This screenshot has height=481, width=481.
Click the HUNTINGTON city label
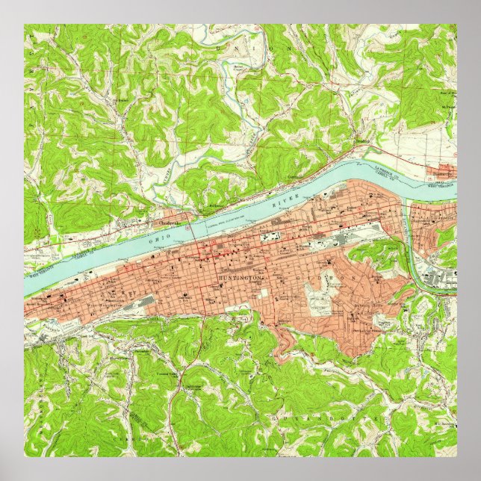coord(241,278)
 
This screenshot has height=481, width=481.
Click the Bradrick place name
coord(362,140)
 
